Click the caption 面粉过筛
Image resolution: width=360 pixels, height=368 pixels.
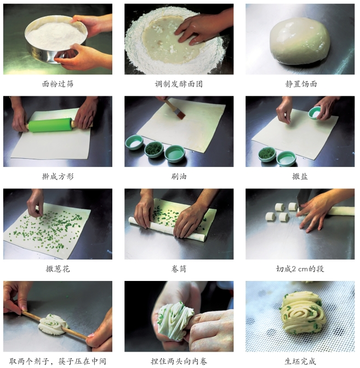[58, 84]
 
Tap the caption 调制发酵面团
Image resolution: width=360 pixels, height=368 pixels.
[179, 84]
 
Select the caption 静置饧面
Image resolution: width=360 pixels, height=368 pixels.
[301, 84]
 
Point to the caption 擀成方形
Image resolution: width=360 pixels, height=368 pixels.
[58, 176]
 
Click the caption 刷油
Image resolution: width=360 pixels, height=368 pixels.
[179, 176]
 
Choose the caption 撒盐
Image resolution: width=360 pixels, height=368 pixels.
[300, 176]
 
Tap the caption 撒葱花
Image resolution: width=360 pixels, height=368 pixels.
[58, 269]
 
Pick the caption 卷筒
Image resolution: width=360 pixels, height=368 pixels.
[179, 269]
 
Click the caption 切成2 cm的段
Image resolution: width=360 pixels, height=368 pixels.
[300, 269]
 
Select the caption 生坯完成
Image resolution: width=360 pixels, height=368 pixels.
[300, 361]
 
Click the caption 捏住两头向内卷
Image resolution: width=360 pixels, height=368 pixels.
[179, 361]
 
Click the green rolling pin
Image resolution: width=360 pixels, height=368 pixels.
[50, 125]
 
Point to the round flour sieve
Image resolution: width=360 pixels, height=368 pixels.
[56, 41]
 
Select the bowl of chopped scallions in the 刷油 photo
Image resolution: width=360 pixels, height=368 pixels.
[154, 149]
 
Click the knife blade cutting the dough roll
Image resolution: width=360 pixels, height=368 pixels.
[304, 197]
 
